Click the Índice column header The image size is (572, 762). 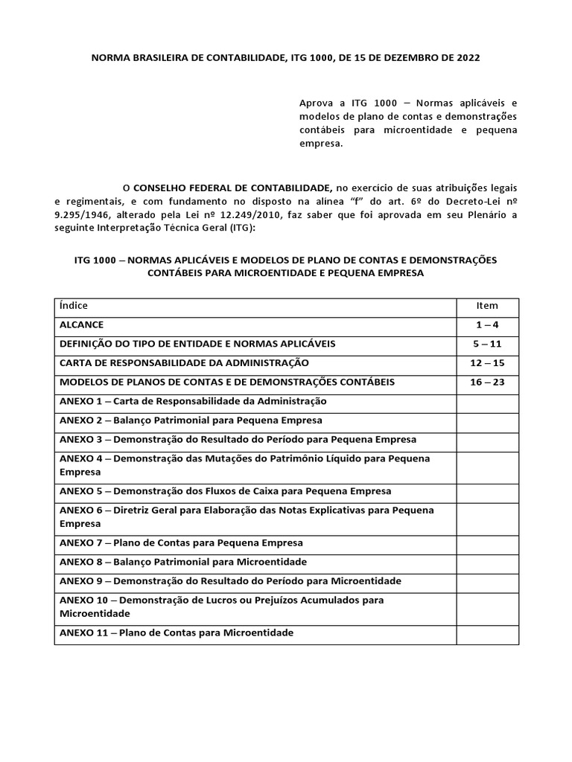(74, 306)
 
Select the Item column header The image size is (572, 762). (487, 306)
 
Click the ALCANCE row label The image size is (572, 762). (82, 325)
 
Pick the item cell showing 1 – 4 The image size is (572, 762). (487, 325)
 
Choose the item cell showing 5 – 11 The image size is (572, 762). (487, 345)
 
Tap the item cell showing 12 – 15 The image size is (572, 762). (487, 363)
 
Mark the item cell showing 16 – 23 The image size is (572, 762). (487, 382)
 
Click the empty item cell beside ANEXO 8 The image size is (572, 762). (487, 563)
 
